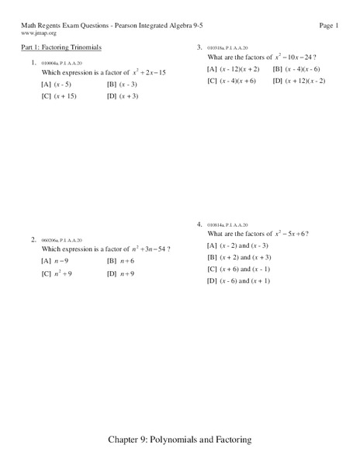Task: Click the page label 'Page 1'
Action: click(x=329, y=26)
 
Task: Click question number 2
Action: click(x=33, y=239)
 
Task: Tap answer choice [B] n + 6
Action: click(x=121, y=261)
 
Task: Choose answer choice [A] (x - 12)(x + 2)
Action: click(x=232, y=69)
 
